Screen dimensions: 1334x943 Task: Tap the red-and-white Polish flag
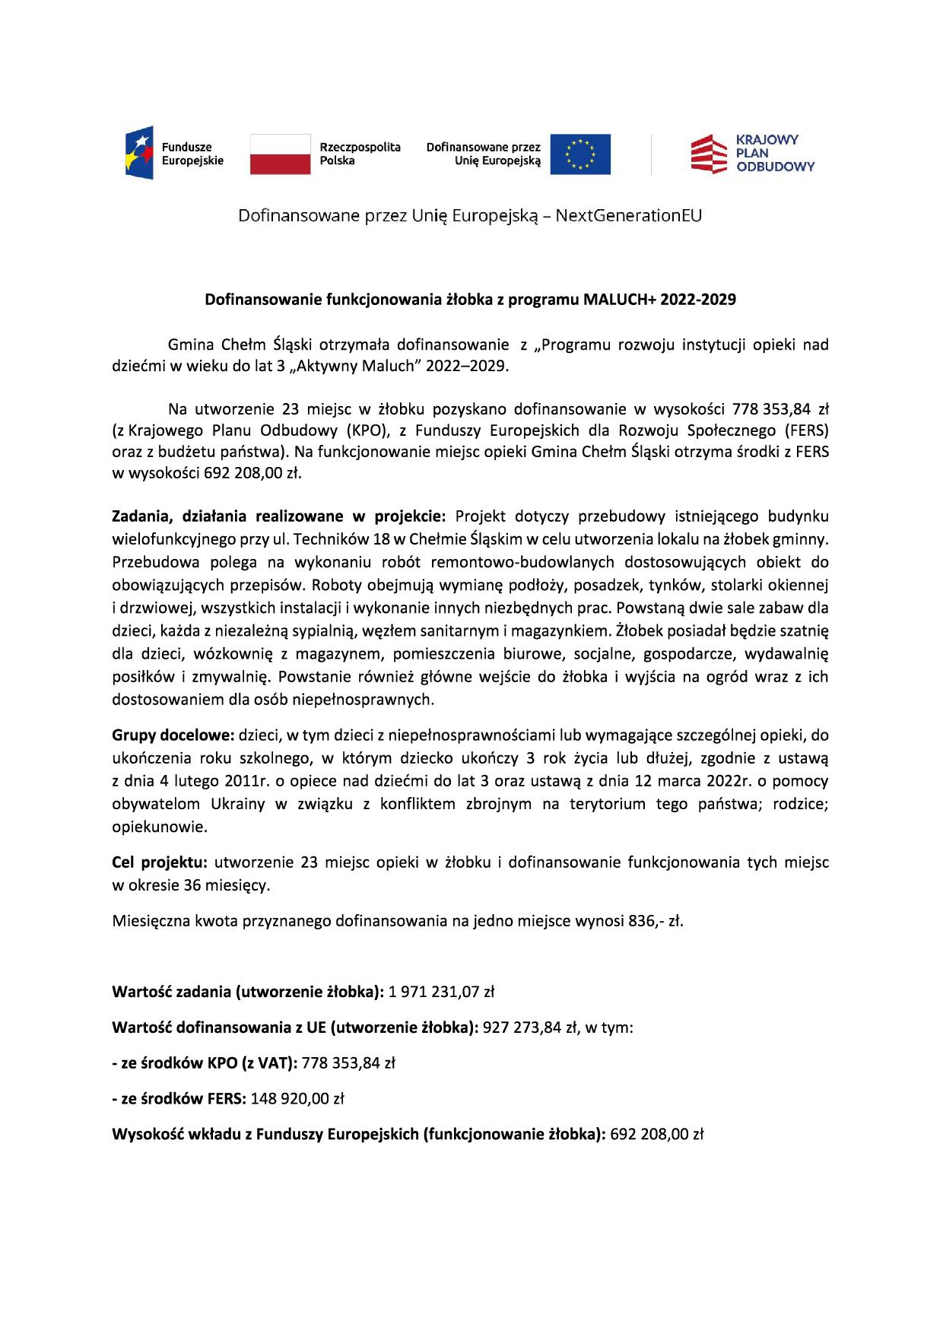(280, 154)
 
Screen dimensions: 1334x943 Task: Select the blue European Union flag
(580, 154)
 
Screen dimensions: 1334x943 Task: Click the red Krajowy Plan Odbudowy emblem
(707, 154)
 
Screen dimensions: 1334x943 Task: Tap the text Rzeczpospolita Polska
(360, 154)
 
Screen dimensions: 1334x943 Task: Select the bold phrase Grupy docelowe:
(174, 735)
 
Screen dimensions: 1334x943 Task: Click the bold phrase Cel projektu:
(160, 862)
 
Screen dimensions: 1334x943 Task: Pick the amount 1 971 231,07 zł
(441, 992)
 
